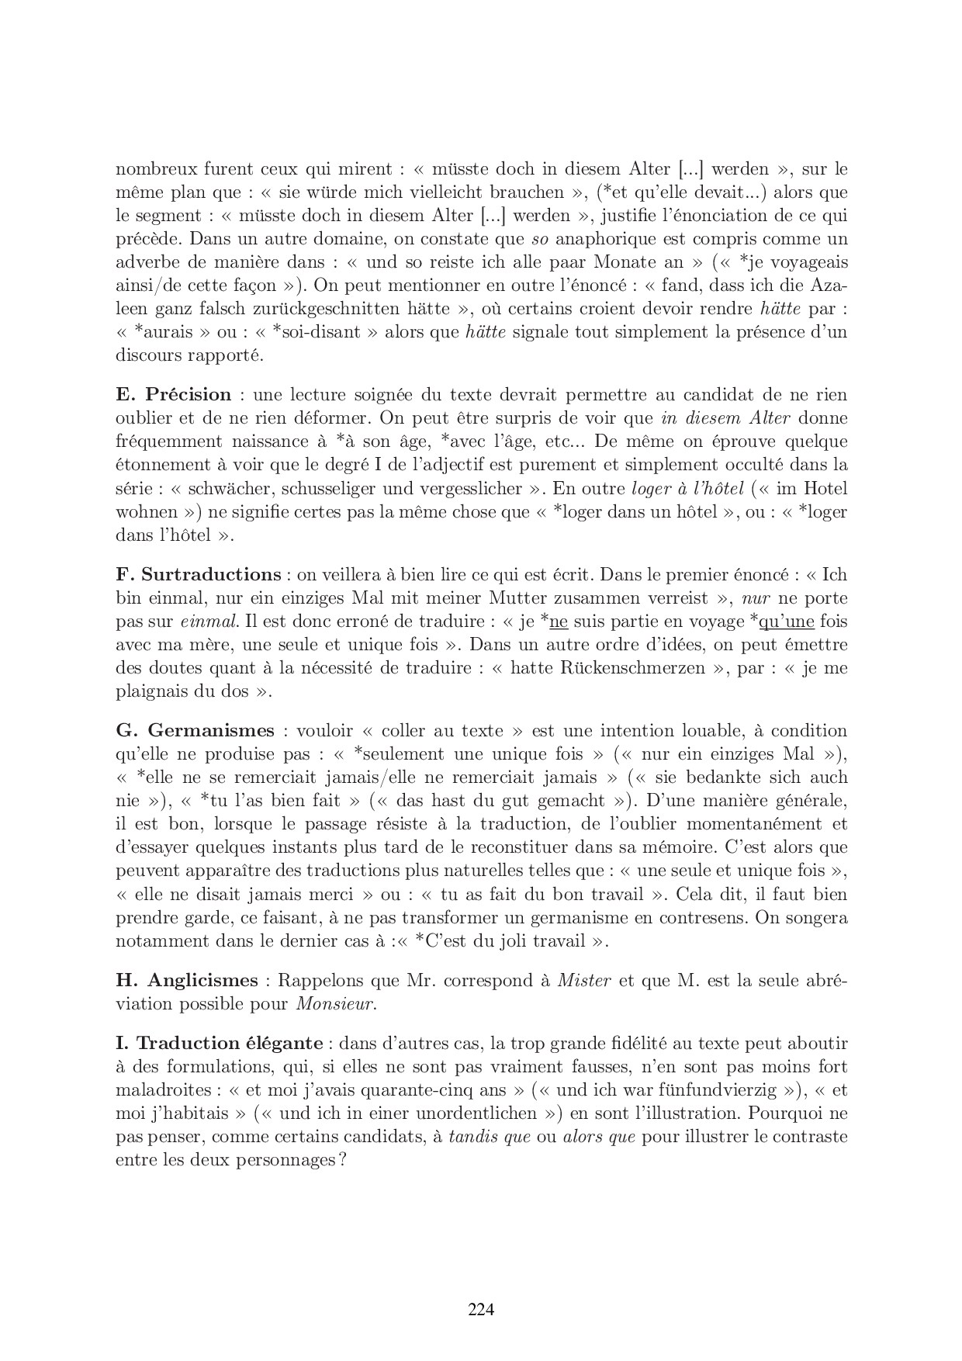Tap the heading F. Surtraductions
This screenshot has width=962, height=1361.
(198, 575)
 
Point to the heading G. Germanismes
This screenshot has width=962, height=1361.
(195, 731)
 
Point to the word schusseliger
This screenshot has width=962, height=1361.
(341, 489)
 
